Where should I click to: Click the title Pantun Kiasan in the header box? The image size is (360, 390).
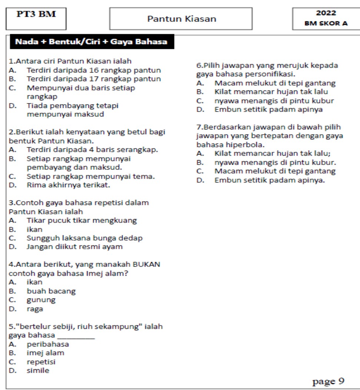181,19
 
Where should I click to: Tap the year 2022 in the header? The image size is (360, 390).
326,13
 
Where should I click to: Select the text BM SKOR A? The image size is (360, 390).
326,23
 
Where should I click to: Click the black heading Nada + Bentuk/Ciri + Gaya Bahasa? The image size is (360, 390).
91,42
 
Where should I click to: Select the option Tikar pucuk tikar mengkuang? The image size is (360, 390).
81,221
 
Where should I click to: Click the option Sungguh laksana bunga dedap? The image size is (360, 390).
84,238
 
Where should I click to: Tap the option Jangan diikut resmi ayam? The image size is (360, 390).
74,247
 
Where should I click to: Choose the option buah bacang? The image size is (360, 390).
51,291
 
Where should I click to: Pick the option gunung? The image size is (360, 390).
41,300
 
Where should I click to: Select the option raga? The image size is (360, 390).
35,308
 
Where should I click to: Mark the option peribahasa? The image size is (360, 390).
47,344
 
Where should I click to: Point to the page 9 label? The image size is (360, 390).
329,381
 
